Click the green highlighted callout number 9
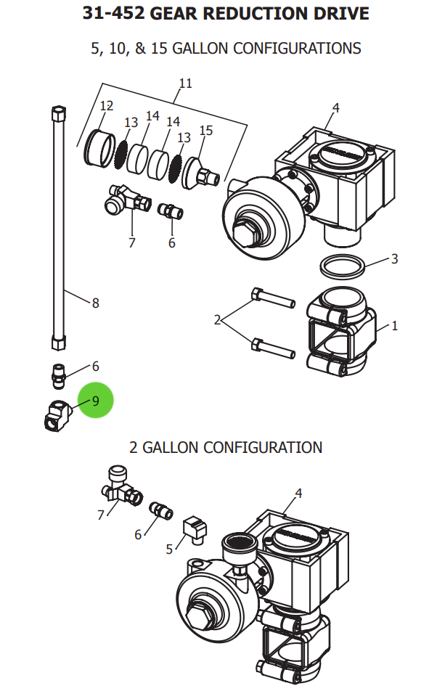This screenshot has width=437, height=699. click(x=97, y=401)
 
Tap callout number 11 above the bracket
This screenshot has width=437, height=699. click(x=186, y=83)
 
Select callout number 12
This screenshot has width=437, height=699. click(x=107, y=106)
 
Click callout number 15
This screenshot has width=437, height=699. click(x=206, y=131)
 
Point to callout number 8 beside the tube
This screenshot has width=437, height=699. click(x=95, y=303)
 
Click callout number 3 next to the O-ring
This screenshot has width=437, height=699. click(x=394, y=259)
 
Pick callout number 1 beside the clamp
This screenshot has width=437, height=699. click(x=395, y=326)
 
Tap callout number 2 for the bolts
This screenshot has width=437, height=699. click(x=217, y=319)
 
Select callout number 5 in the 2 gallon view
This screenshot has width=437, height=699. click(x=170, y=549)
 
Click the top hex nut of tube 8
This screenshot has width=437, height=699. click(x=60, y=115)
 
